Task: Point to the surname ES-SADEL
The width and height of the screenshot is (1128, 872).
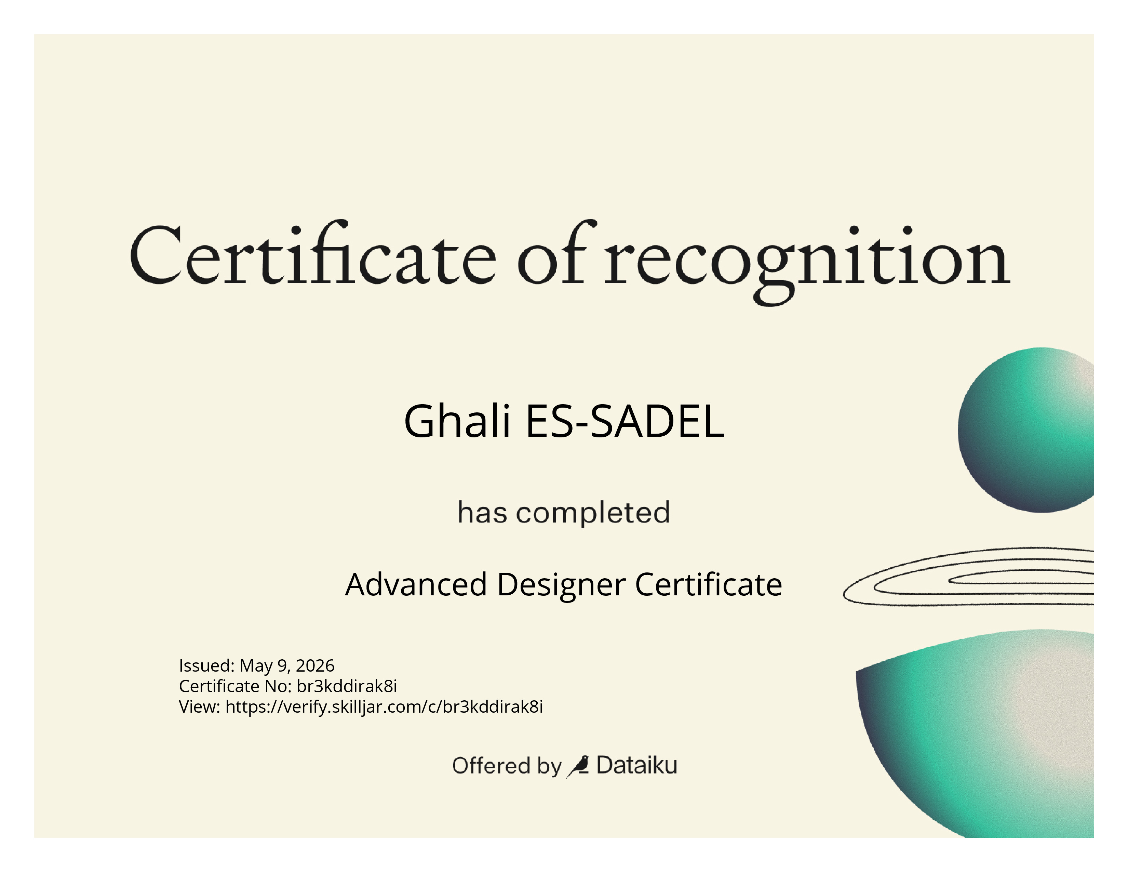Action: click(625, 421)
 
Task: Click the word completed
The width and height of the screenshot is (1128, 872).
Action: click(593, 513)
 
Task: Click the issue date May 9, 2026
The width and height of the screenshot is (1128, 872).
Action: click(287, 665)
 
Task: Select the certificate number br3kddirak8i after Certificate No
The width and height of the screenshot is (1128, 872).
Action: click(347, 686)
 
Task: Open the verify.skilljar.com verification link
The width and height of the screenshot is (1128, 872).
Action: click(384, 707)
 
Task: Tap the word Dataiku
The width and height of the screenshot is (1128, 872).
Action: click(636, 765)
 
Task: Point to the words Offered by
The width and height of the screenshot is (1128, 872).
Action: click(507, 766)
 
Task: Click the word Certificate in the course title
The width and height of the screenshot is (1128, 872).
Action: click(709, 584)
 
